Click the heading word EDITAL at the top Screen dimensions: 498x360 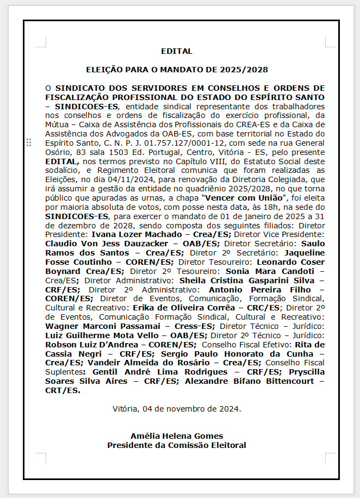coord(177,52)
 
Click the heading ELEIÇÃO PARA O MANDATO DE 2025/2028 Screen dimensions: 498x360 coord(177,70)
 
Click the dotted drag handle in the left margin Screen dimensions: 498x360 coord(28,142)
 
